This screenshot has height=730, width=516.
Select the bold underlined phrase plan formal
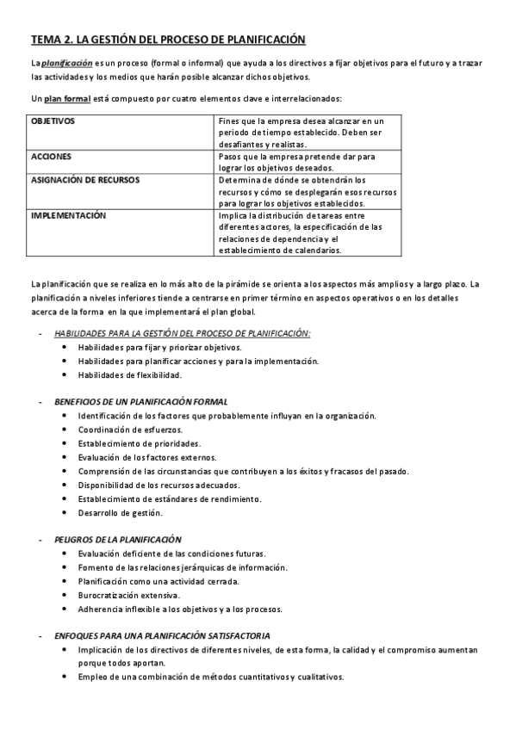(x=68, y=98)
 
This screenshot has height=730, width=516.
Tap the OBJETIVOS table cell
(x=53, y=121)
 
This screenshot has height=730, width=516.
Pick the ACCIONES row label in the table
(x=51, y=158)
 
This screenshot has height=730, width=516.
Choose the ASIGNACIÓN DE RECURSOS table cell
(x=85, y=180)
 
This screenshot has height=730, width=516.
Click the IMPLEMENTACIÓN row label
(x=68, y=216)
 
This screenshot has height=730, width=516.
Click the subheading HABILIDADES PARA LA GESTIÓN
(x=182, y=333)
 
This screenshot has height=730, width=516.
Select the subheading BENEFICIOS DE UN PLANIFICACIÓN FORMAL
(x=140, y=401)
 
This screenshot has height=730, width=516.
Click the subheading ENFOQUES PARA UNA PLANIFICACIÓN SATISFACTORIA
(x=163, y=635)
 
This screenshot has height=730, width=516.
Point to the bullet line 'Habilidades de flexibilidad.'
(x=130, y=374)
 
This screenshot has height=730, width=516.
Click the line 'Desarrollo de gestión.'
(x=120, y=512)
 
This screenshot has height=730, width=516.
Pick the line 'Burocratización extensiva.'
(x=128, y=595)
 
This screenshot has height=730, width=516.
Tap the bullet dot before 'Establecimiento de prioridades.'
(x=66, y=443)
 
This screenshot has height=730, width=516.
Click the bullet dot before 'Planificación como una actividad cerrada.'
(x=66, y=581)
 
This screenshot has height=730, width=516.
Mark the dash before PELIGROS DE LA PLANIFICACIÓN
(x=40, y=540)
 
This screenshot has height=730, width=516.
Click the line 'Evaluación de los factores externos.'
(x=146, y=457)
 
